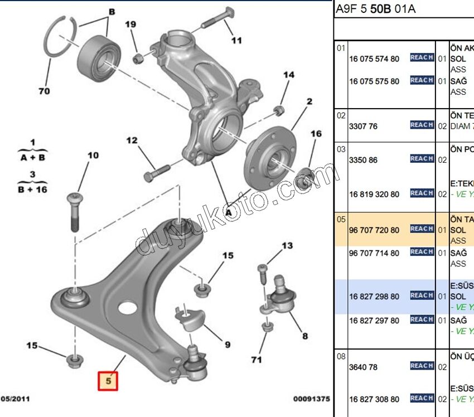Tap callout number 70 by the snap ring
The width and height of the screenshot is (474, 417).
pos(44,91)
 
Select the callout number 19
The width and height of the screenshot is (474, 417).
pos(130,25)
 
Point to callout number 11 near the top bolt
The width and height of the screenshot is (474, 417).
pos(236,40)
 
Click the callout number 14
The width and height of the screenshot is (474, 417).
pos(288,75)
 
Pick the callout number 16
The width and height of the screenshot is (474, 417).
pos(316,134)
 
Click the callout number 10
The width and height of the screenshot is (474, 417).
pos(93,155)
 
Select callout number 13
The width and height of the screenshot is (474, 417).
pos(287,246)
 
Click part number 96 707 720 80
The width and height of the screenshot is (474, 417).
pos(374,230)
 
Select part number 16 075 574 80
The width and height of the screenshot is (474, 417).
pos(374,59)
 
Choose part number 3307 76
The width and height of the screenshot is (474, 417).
pos(363,127)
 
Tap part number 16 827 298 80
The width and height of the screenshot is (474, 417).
pos(374,297)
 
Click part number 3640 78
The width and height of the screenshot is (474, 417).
pos(363,366)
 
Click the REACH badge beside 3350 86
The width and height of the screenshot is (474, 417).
pos(422,159)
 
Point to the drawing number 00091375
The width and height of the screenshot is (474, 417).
pos(312,399)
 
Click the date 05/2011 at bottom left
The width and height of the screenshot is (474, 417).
pos(16,399)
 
